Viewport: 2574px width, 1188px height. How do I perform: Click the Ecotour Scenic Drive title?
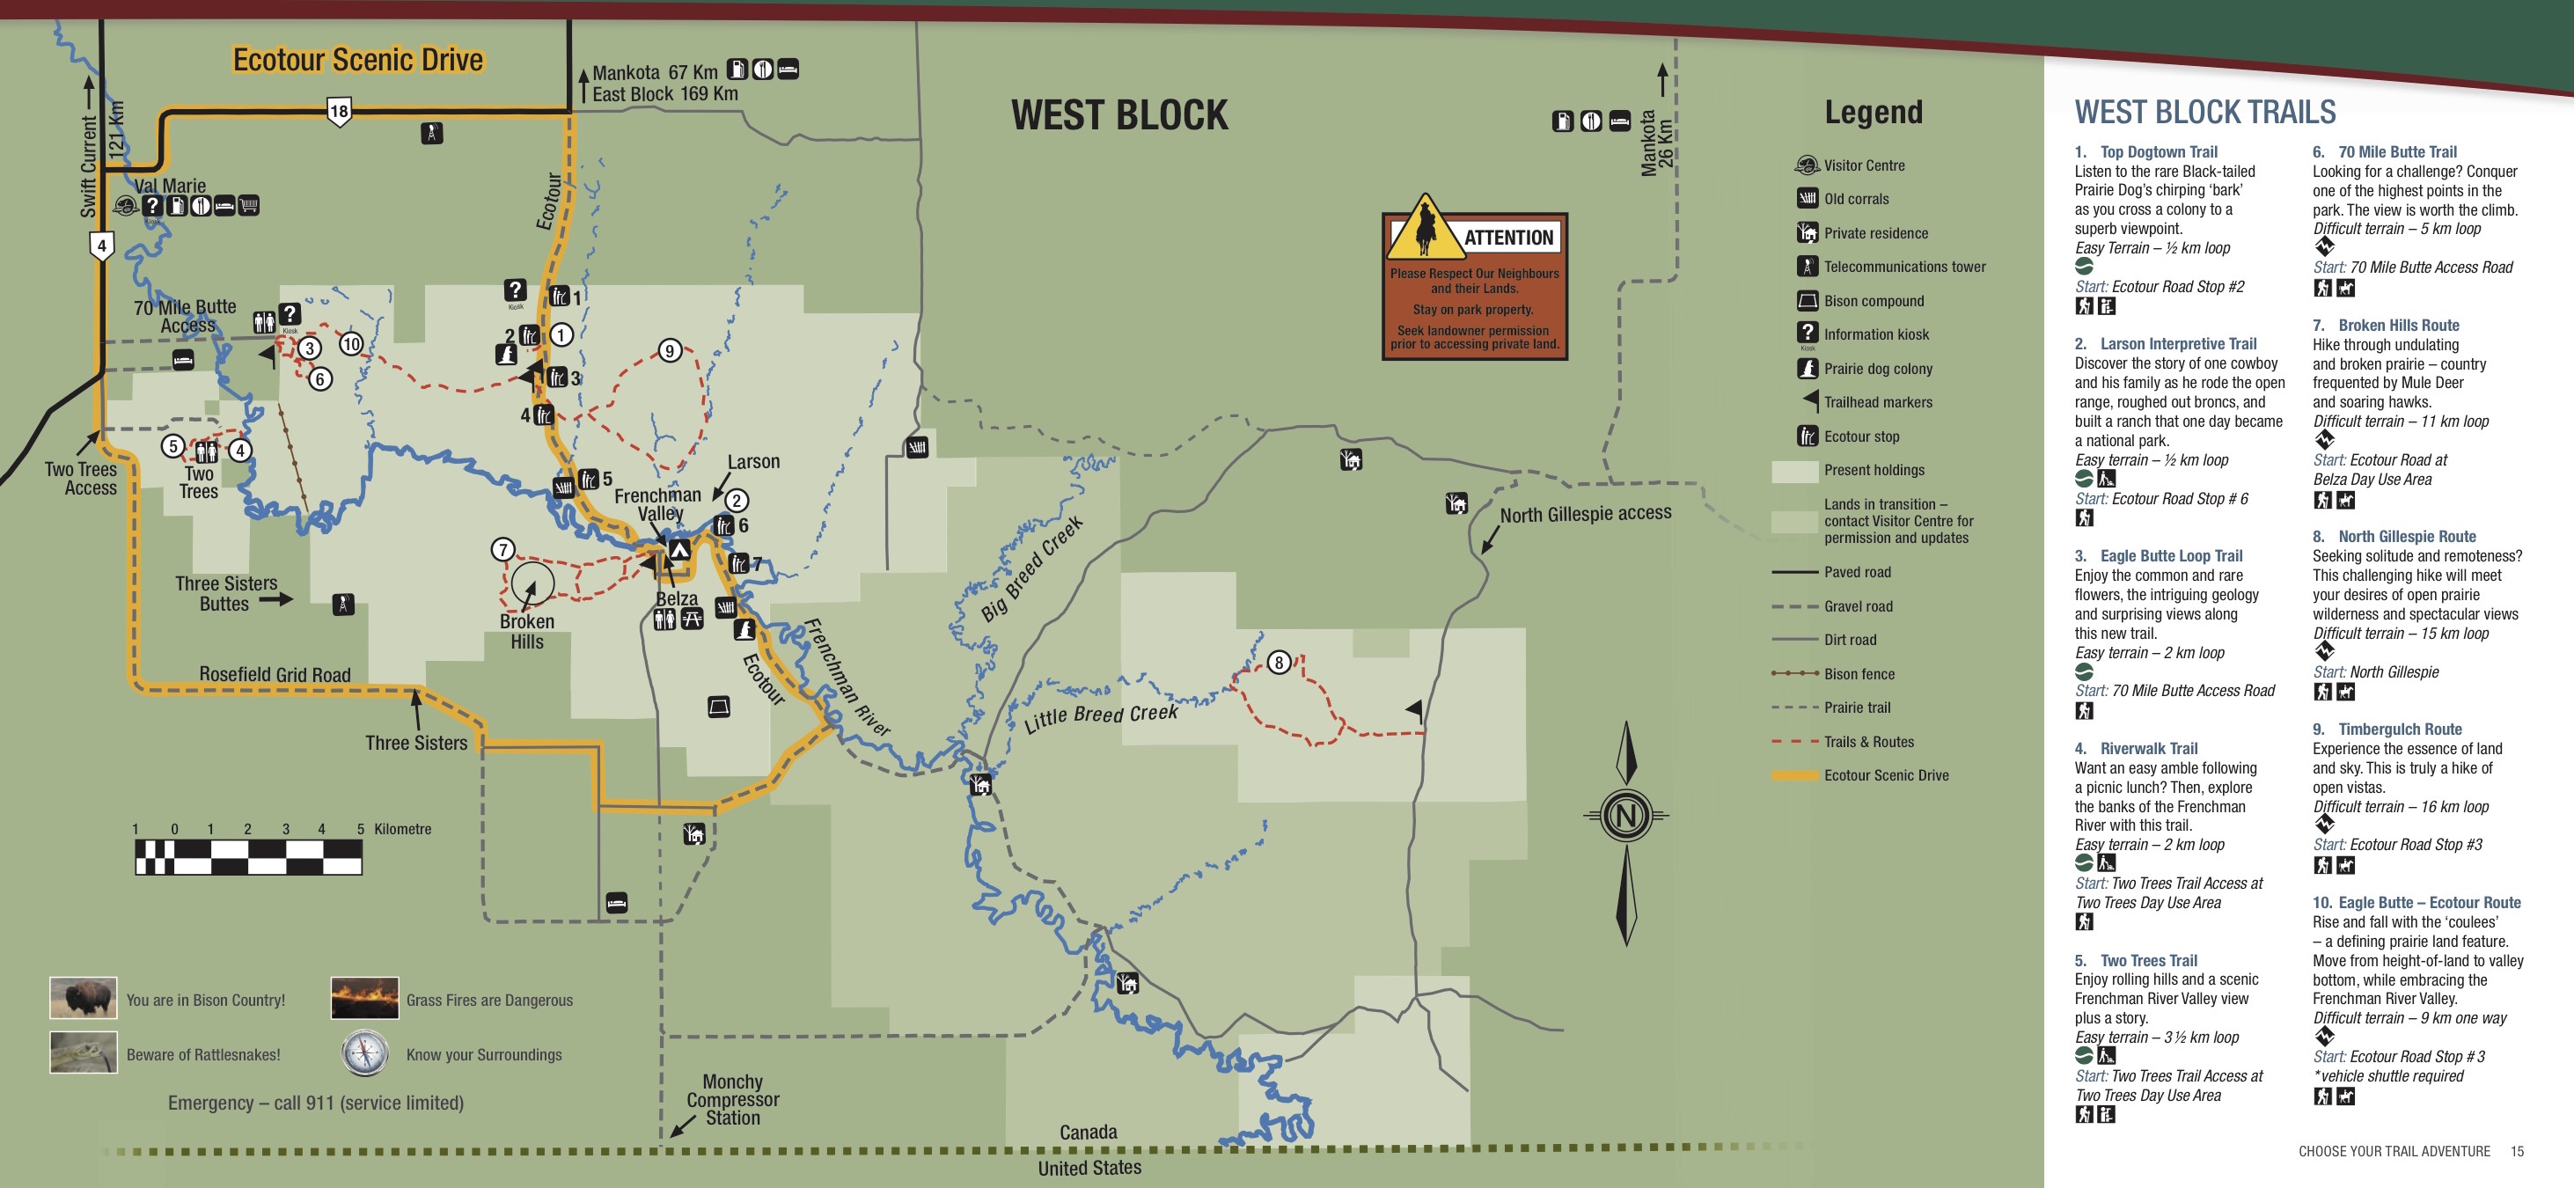coord(358,60)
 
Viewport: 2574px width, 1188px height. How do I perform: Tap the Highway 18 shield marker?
coord(339,111)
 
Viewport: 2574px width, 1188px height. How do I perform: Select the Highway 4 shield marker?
coord(101,245)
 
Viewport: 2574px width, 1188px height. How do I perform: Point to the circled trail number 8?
coord(1278,663)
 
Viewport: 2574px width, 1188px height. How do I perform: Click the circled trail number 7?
coord(502,549)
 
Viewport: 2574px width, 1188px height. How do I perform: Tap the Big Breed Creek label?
coord(1031,569)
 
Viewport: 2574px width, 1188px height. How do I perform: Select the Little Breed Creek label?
coord(1100,715)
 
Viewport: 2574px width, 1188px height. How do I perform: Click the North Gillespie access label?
coord(1585,514)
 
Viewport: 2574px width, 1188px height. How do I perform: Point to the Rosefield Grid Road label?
coord(275,674)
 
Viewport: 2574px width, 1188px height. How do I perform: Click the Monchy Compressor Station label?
coord(732,1099)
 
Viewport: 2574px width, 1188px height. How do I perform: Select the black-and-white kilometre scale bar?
coord(248,857)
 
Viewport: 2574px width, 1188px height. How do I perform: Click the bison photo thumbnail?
coord(83,998)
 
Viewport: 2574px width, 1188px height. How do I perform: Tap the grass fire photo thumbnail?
coord(364,998)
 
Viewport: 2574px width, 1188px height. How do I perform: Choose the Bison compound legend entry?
coord(1873,301)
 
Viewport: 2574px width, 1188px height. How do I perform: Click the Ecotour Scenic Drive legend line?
coord(1793,775)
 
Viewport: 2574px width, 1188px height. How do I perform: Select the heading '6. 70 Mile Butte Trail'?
coord(2384,152)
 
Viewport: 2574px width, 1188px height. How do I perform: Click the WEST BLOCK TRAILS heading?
coord(2204,112)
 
